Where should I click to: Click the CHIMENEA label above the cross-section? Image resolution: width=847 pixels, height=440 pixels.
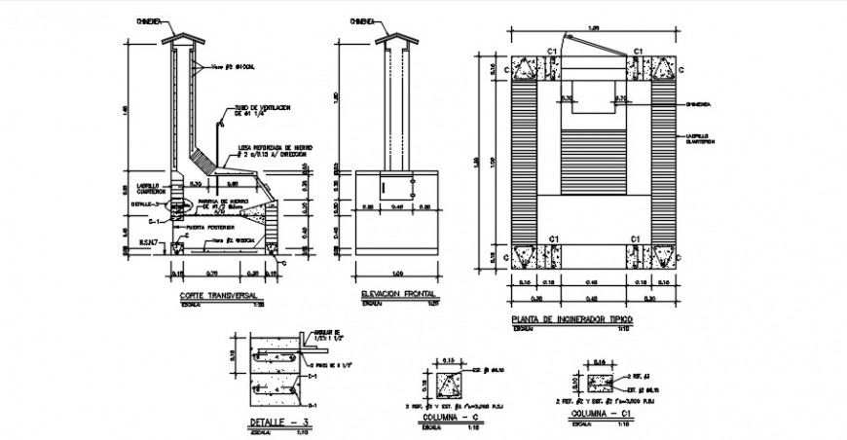tap(149, 18)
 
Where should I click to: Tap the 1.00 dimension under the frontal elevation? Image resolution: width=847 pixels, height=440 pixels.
tap(395, 272)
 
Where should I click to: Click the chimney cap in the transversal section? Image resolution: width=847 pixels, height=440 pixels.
tap(184, 39)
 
